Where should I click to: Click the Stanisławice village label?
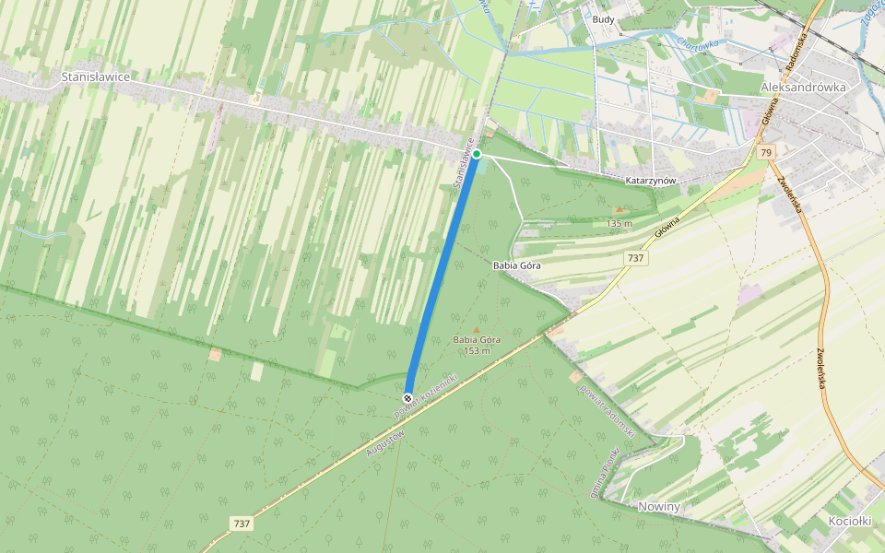tap(95, 77)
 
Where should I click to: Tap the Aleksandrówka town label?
tap(803, 87)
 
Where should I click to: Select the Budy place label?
tap(604, 19)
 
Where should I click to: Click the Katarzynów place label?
tap(651, 182)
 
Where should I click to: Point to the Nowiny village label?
tap(659, 507)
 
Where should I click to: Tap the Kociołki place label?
tap(850, 521)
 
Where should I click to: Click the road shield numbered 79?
tap(765, 152)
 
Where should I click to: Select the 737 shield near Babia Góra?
tap(635, 258)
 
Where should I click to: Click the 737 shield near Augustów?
tap(242, 524)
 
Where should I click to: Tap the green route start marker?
tap(477, 154)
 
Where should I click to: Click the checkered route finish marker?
tap(407, 398)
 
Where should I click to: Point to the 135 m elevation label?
tap(619, 224)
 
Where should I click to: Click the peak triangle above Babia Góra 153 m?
tap(477, 329)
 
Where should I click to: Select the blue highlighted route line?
tap(442, 276)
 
